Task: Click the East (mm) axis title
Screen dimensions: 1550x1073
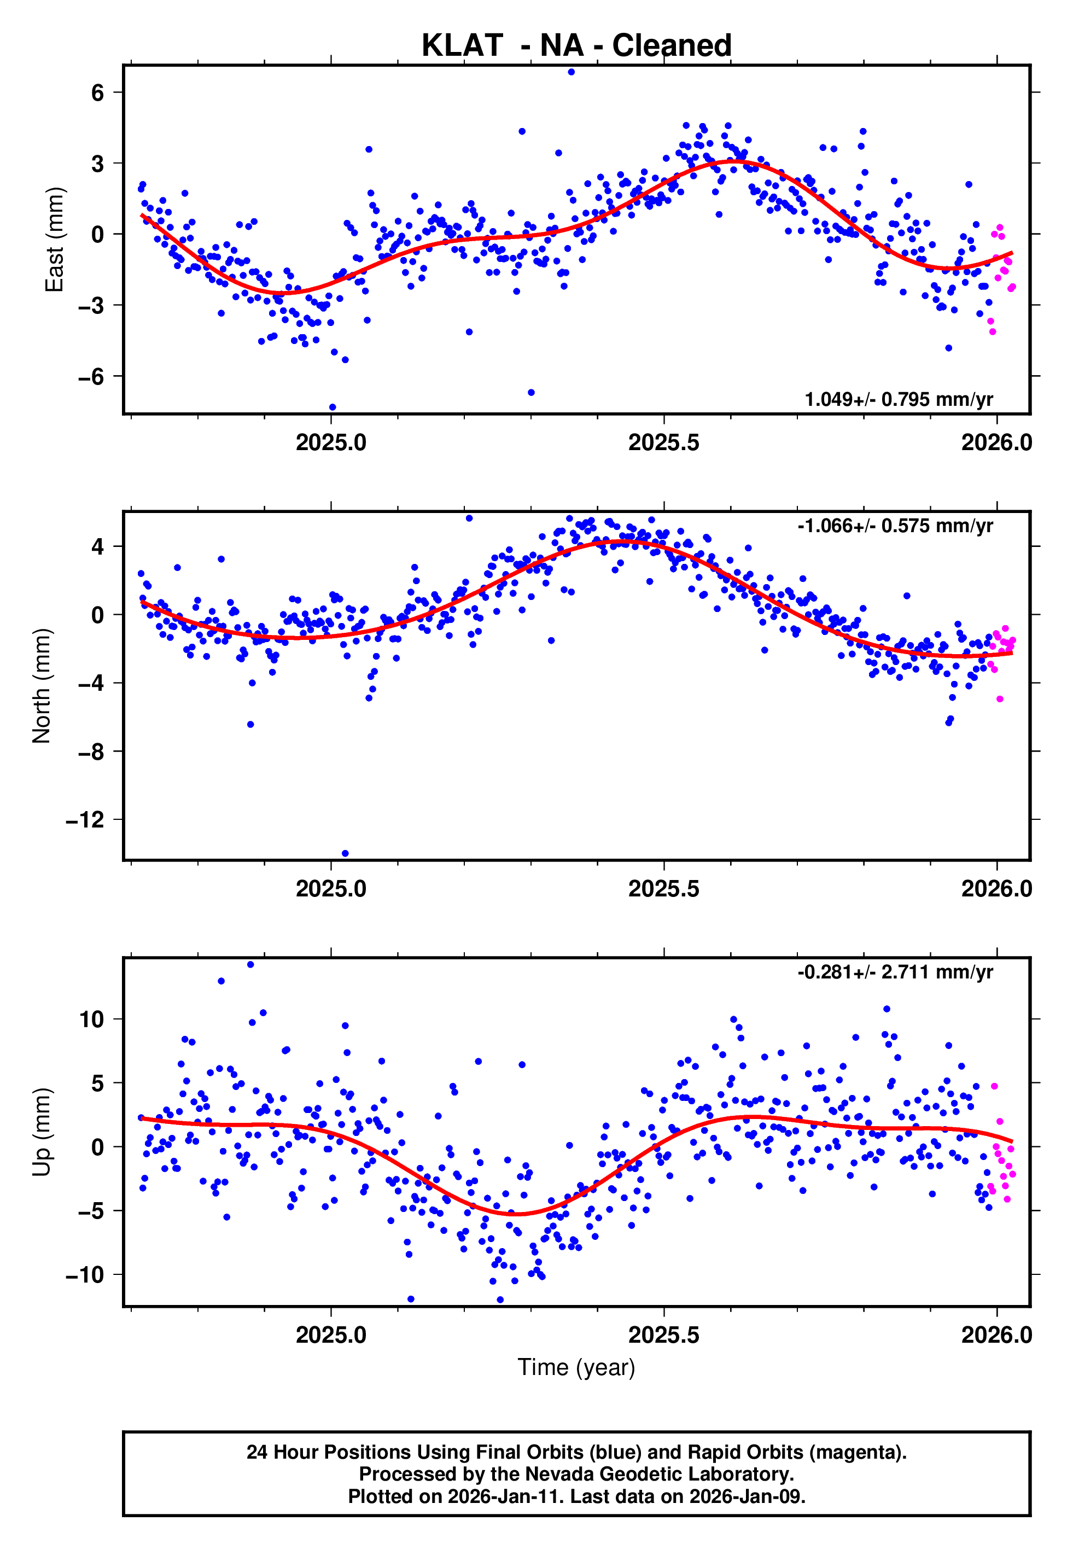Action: (x=54, y=240)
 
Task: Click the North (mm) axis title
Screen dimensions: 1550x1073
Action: (x=41, y=686)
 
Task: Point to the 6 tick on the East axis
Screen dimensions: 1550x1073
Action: (x=98, y=93)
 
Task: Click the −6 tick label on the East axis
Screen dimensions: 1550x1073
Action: (x=91, y=376)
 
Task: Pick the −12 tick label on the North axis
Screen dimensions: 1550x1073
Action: (x=85, y=820)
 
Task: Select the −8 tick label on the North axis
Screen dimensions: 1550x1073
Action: (x=91, y=751)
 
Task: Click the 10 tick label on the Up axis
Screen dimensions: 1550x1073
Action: (x=91, y=1019)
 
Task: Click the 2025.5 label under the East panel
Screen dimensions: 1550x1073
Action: (x=663, y=442)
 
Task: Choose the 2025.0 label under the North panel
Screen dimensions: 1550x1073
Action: (x=331, y=889)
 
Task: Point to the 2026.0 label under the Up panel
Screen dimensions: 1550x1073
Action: (x=996, y=1335)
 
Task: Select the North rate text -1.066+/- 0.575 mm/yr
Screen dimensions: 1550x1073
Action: (x=895, y=526)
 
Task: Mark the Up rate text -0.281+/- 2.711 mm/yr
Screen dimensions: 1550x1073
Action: (x=895, y=972)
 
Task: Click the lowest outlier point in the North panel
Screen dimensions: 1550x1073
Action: (x=345, y=854)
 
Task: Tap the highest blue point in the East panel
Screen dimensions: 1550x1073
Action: (x=571, y=72)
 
